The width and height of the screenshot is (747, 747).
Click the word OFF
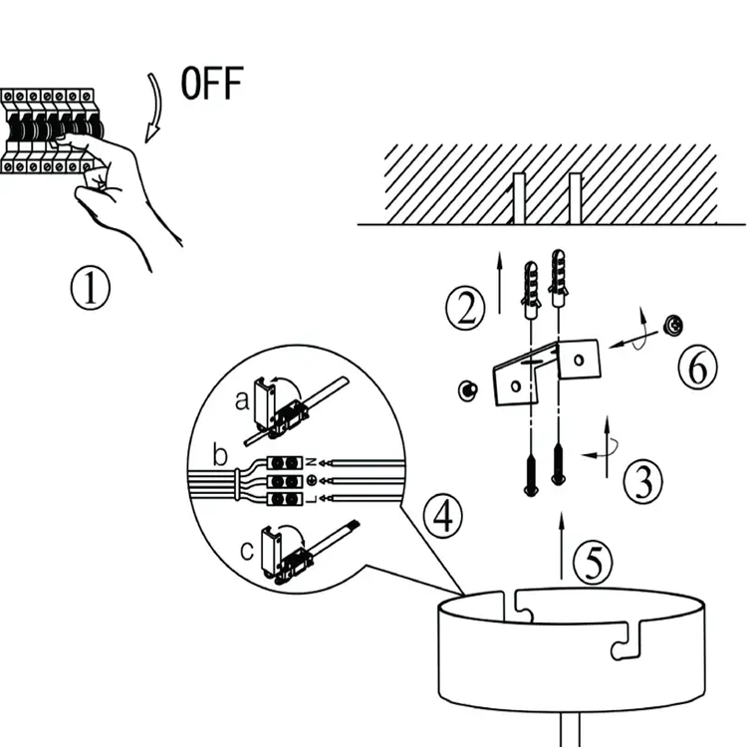[211, 84]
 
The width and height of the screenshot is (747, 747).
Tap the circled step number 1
[90, 290]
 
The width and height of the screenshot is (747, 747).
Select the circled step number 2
[465, 310]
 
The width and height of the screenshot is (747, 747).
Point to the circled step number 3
[643, 482]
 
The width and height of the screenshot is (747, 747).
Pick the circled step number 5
[594, 564]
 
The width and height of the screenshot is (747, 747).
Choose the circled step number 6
[697, 369]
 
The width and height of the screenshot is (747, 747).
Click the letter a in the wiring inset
[241, 399]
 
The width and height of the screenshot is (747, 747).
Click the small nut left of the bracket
[465, 389]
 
